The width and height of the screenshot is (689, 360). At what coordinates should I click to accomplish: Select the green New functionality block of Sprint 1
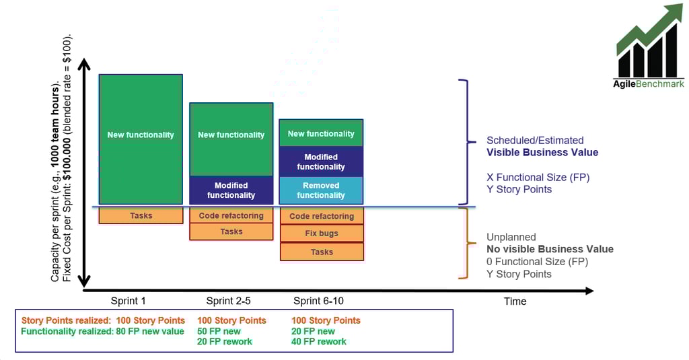tap(141, 139)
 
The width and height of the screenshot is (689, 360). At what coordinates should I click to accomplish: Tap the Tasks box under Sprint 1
tap(141, 216)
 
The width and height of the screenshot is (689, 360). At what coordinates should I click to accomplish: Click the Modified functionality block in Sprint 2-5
tap(231, 190)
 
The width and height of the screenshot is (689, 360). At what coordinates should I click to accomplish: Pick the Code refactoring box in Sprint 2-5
tap(231, 216)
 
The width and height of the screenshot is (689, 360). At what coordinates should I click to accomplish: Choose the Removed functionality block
tap(321, 190)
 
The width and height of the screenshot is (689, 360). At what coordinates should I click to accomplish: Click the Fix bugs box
tap(322, 233)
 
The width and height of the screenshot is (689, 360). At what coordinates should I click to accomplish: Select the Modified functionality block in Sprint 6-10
tap(321, 161)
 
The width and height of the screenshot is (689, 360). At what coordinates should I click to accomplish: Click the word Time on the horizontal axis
tap(515, 301)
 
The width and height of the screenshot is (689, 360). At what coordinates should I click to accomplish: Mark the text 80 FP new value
tap(149, 331)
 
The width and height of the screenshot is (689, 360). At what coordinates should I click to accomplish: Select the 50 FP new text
tap(219, 331)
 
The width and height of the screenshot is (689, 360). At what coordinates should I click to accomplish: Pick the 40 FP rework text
tap(319, 342)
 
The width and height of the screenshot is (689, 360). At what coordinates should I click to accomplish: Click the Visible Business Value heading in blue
tap(542, 153)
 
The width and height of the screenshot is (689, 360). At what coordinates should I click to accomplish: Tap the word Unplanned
tap(511, 237)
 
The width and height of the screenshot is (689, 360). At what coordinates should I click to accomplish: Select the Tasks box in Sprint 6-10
tap(322, 252)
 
